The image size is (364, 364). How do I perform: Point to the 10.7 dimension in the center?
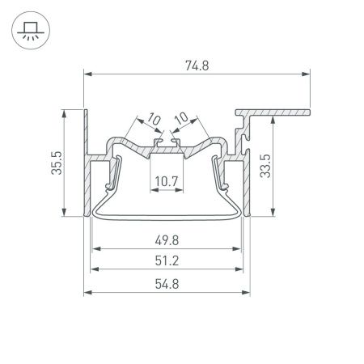pos(167,182)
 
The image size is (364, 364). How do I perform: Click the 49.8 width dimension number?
pos(167,239)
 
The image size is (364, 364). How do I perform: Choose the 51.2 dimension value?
pos(167,261)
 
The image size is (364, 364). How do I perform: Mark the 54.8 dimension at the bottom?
pos(167,284)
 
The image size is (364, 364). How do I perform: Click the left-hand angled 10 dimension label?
pos(154,120)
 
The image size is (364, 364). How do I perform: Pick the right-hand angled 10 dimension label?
pos(181,120)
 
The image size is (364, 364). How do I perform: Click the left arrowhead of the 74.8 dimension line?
pos(88,74)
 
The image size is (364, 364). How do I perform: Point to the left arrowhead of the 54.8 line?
pos(88,292)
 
